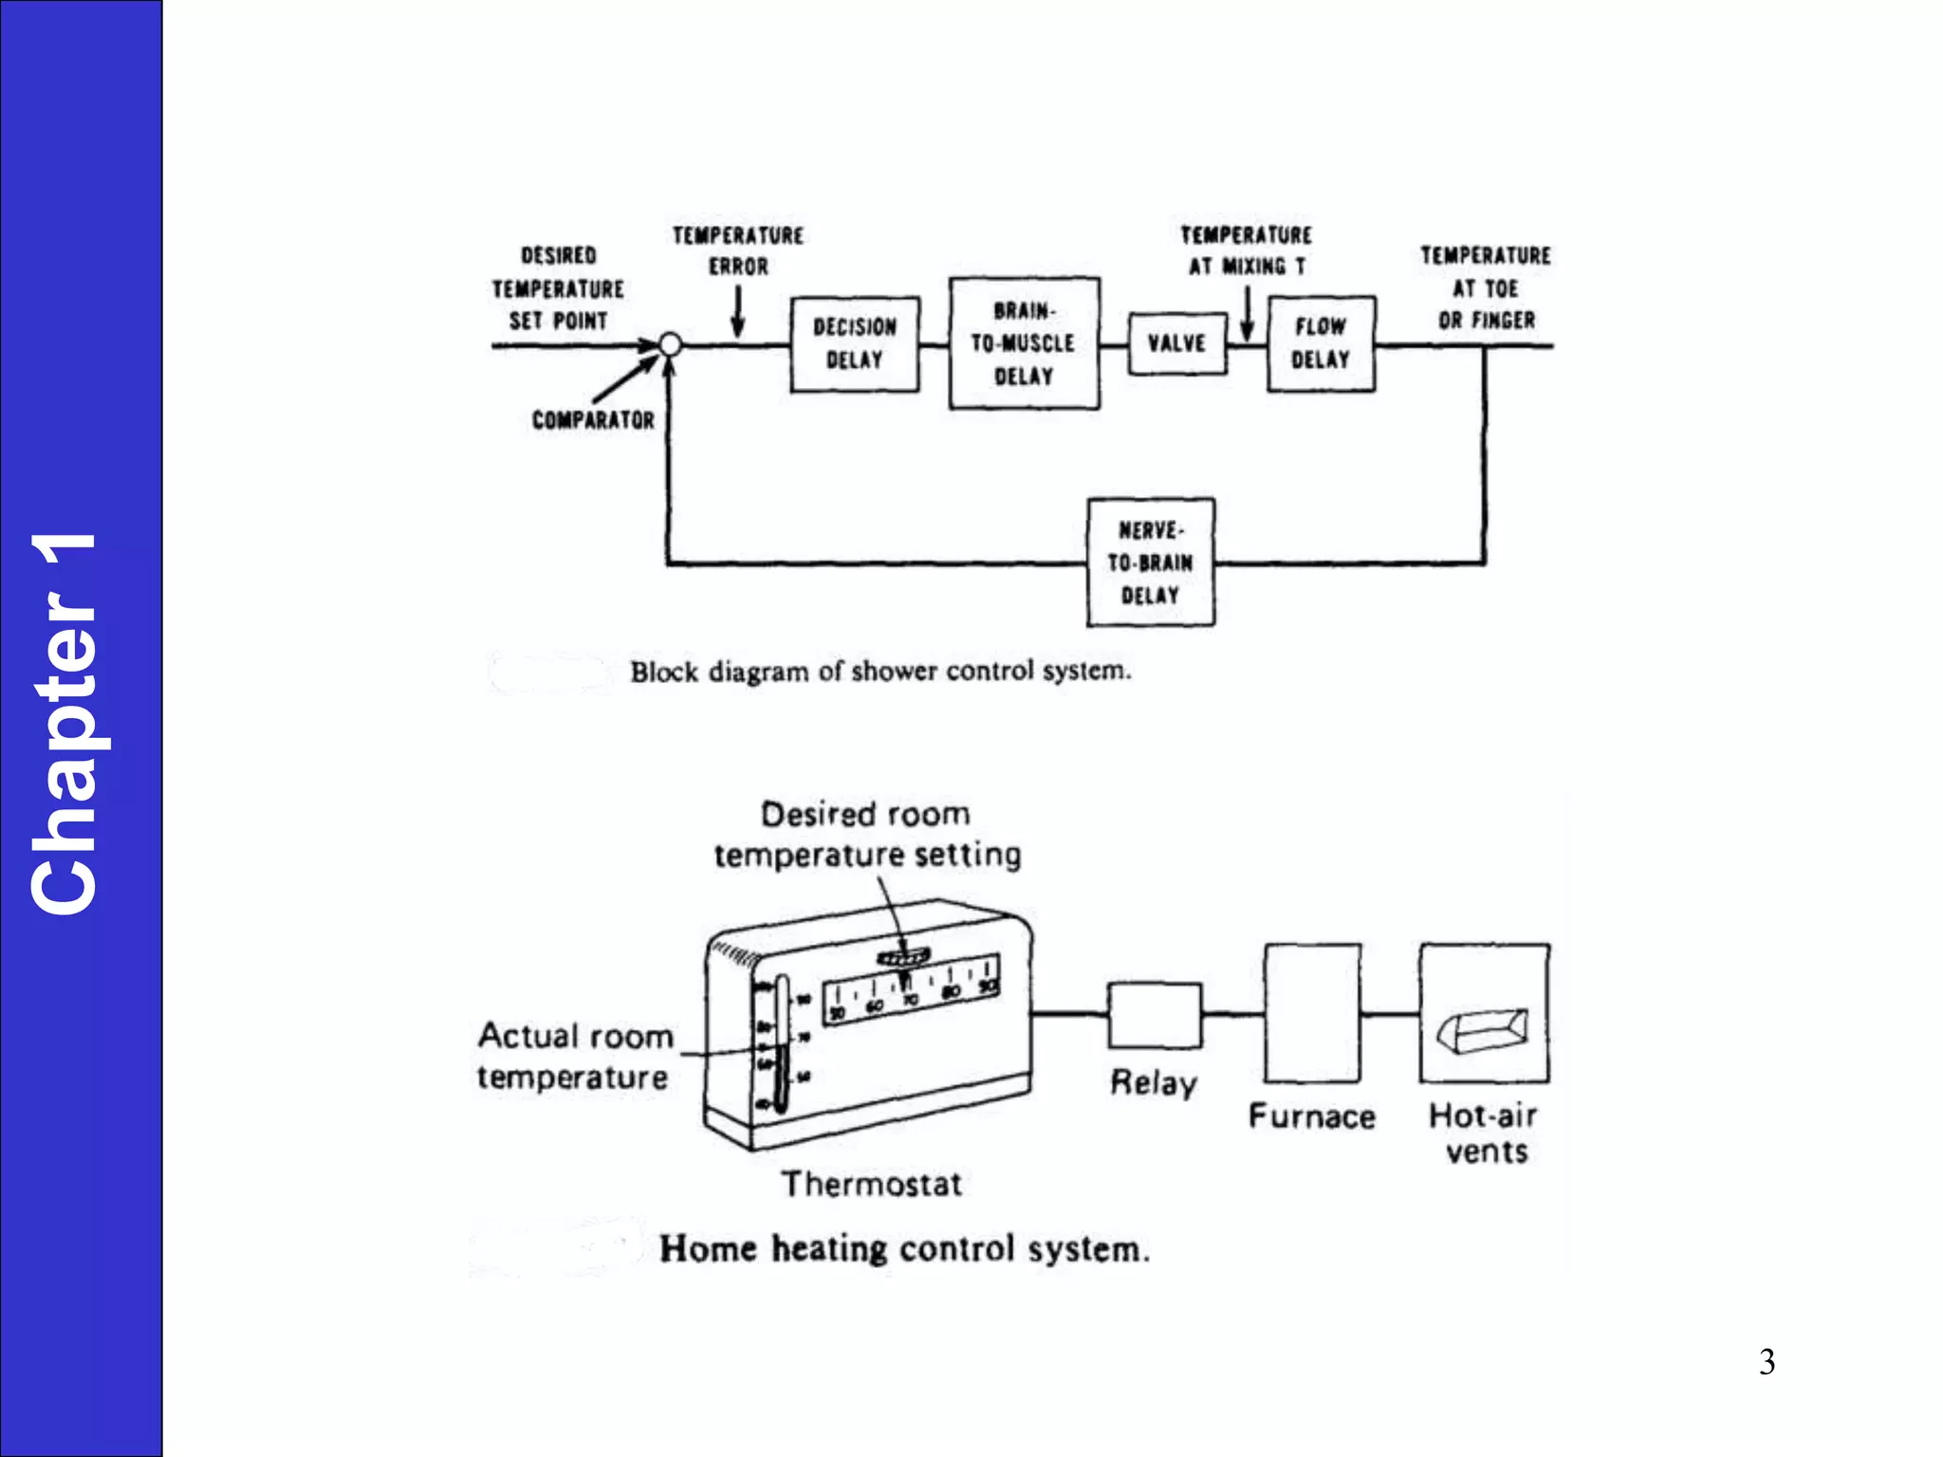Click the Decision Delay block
855,343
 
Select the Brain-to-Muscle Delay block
1024,343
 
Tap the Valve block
1176,343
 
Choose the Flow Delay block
1321,343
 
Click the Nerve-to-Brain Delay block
1150,563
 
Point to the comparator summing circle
670,344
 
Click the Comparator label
593,420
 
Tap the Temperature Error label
738,251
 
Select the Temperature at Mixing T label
1247,251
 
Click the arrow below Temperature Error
737,313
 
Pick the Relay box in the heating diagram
1155,1014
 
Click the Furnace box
1312,1013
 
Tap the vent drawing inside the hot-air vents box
1483,1030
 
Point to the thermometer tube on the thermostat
782,1043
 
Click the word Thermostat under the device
872,1184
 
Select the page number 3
1767,1362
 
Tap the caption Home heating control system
904,1248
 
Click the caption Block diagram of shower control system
880,672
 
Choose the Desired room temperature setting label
867,835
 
